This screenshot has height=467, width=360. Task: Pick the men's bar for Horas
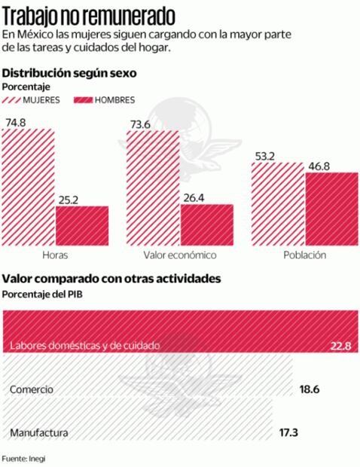point(82,224)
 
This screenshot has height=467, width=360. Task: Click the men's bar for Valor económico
point(206,224)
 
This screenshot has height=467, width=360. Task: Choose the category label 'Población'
point(304,255)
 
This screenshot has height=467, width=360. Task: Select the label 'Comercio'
point(32,389)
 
